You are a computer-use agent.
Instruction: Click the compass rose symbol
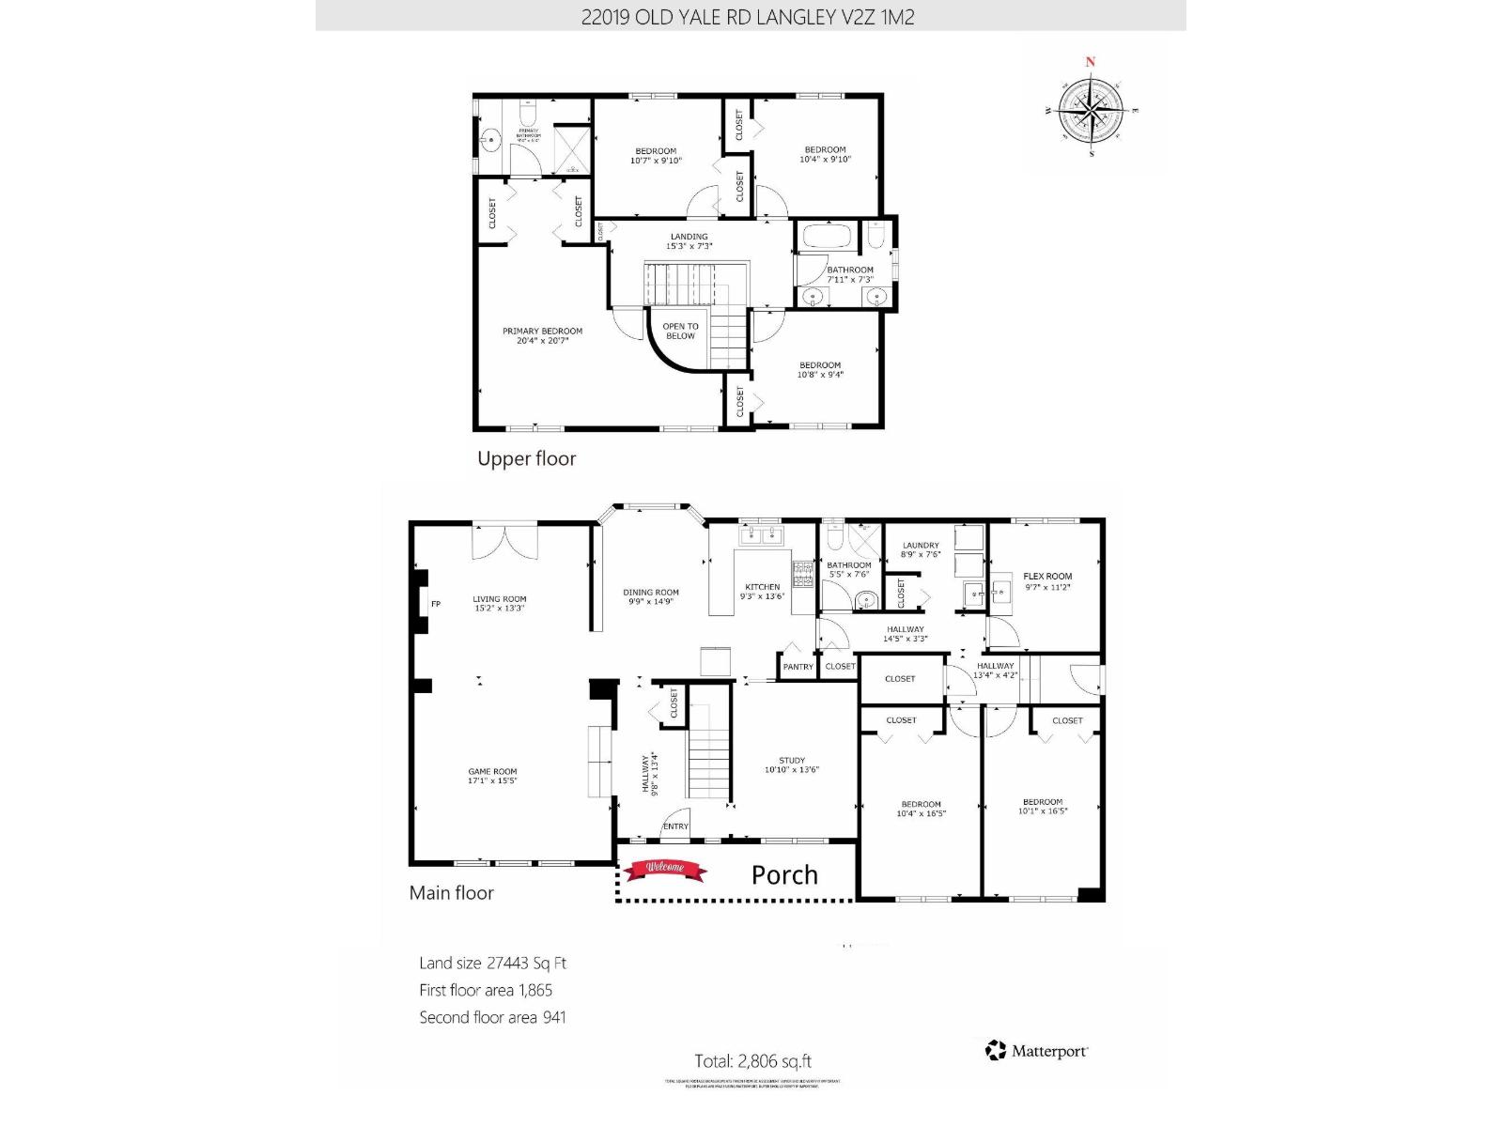click(x=1091, y=111)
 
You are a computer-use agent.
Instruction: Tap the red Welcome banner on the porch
click(x=665, y=870)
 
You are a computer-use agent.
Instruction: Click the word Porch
click(x=784, y=875)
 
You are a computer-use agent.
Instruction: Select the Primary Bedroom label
click(x=542, y=335)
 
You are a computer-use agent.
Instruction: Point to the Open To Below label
click(x=680, y=331)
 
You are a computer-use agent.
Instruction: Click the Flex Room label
click(x=1046, y=581)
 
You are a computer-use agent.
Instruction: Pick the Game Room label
click(x=492, y=776)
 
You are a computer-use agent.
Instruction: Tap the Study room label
click(x=792, y=764)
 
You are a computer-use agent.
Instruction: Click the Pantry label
click(x=798, y=667)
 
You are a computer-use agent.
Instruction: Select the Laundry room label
click(x=921, y=549)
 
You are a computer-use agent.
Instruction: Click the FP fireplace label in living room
click(x=436, y=604)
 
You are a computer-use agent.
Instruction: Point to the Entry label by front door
click(x=675, y=826)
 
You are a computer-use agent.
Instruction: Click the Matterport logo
click(x=1036, y=1051)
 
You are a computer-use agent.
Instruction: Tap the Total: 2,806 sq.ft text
click(x=752, y=1061)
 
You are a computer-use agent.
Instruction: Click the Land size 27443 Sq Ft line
click(x=492, y=963)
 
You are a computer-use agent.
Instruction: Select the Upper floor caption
click(x=526, y=458)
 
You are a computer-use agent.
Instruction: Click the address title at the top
click(x=748, y=17)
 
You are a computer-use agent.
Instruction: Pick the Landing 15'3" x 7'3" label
click(x=690, y=241)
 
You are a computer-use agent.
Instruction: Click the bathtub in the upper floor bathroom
click(x=826, y=236)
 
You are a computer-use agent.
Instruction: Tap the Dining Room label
click(x=650, y=596)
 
